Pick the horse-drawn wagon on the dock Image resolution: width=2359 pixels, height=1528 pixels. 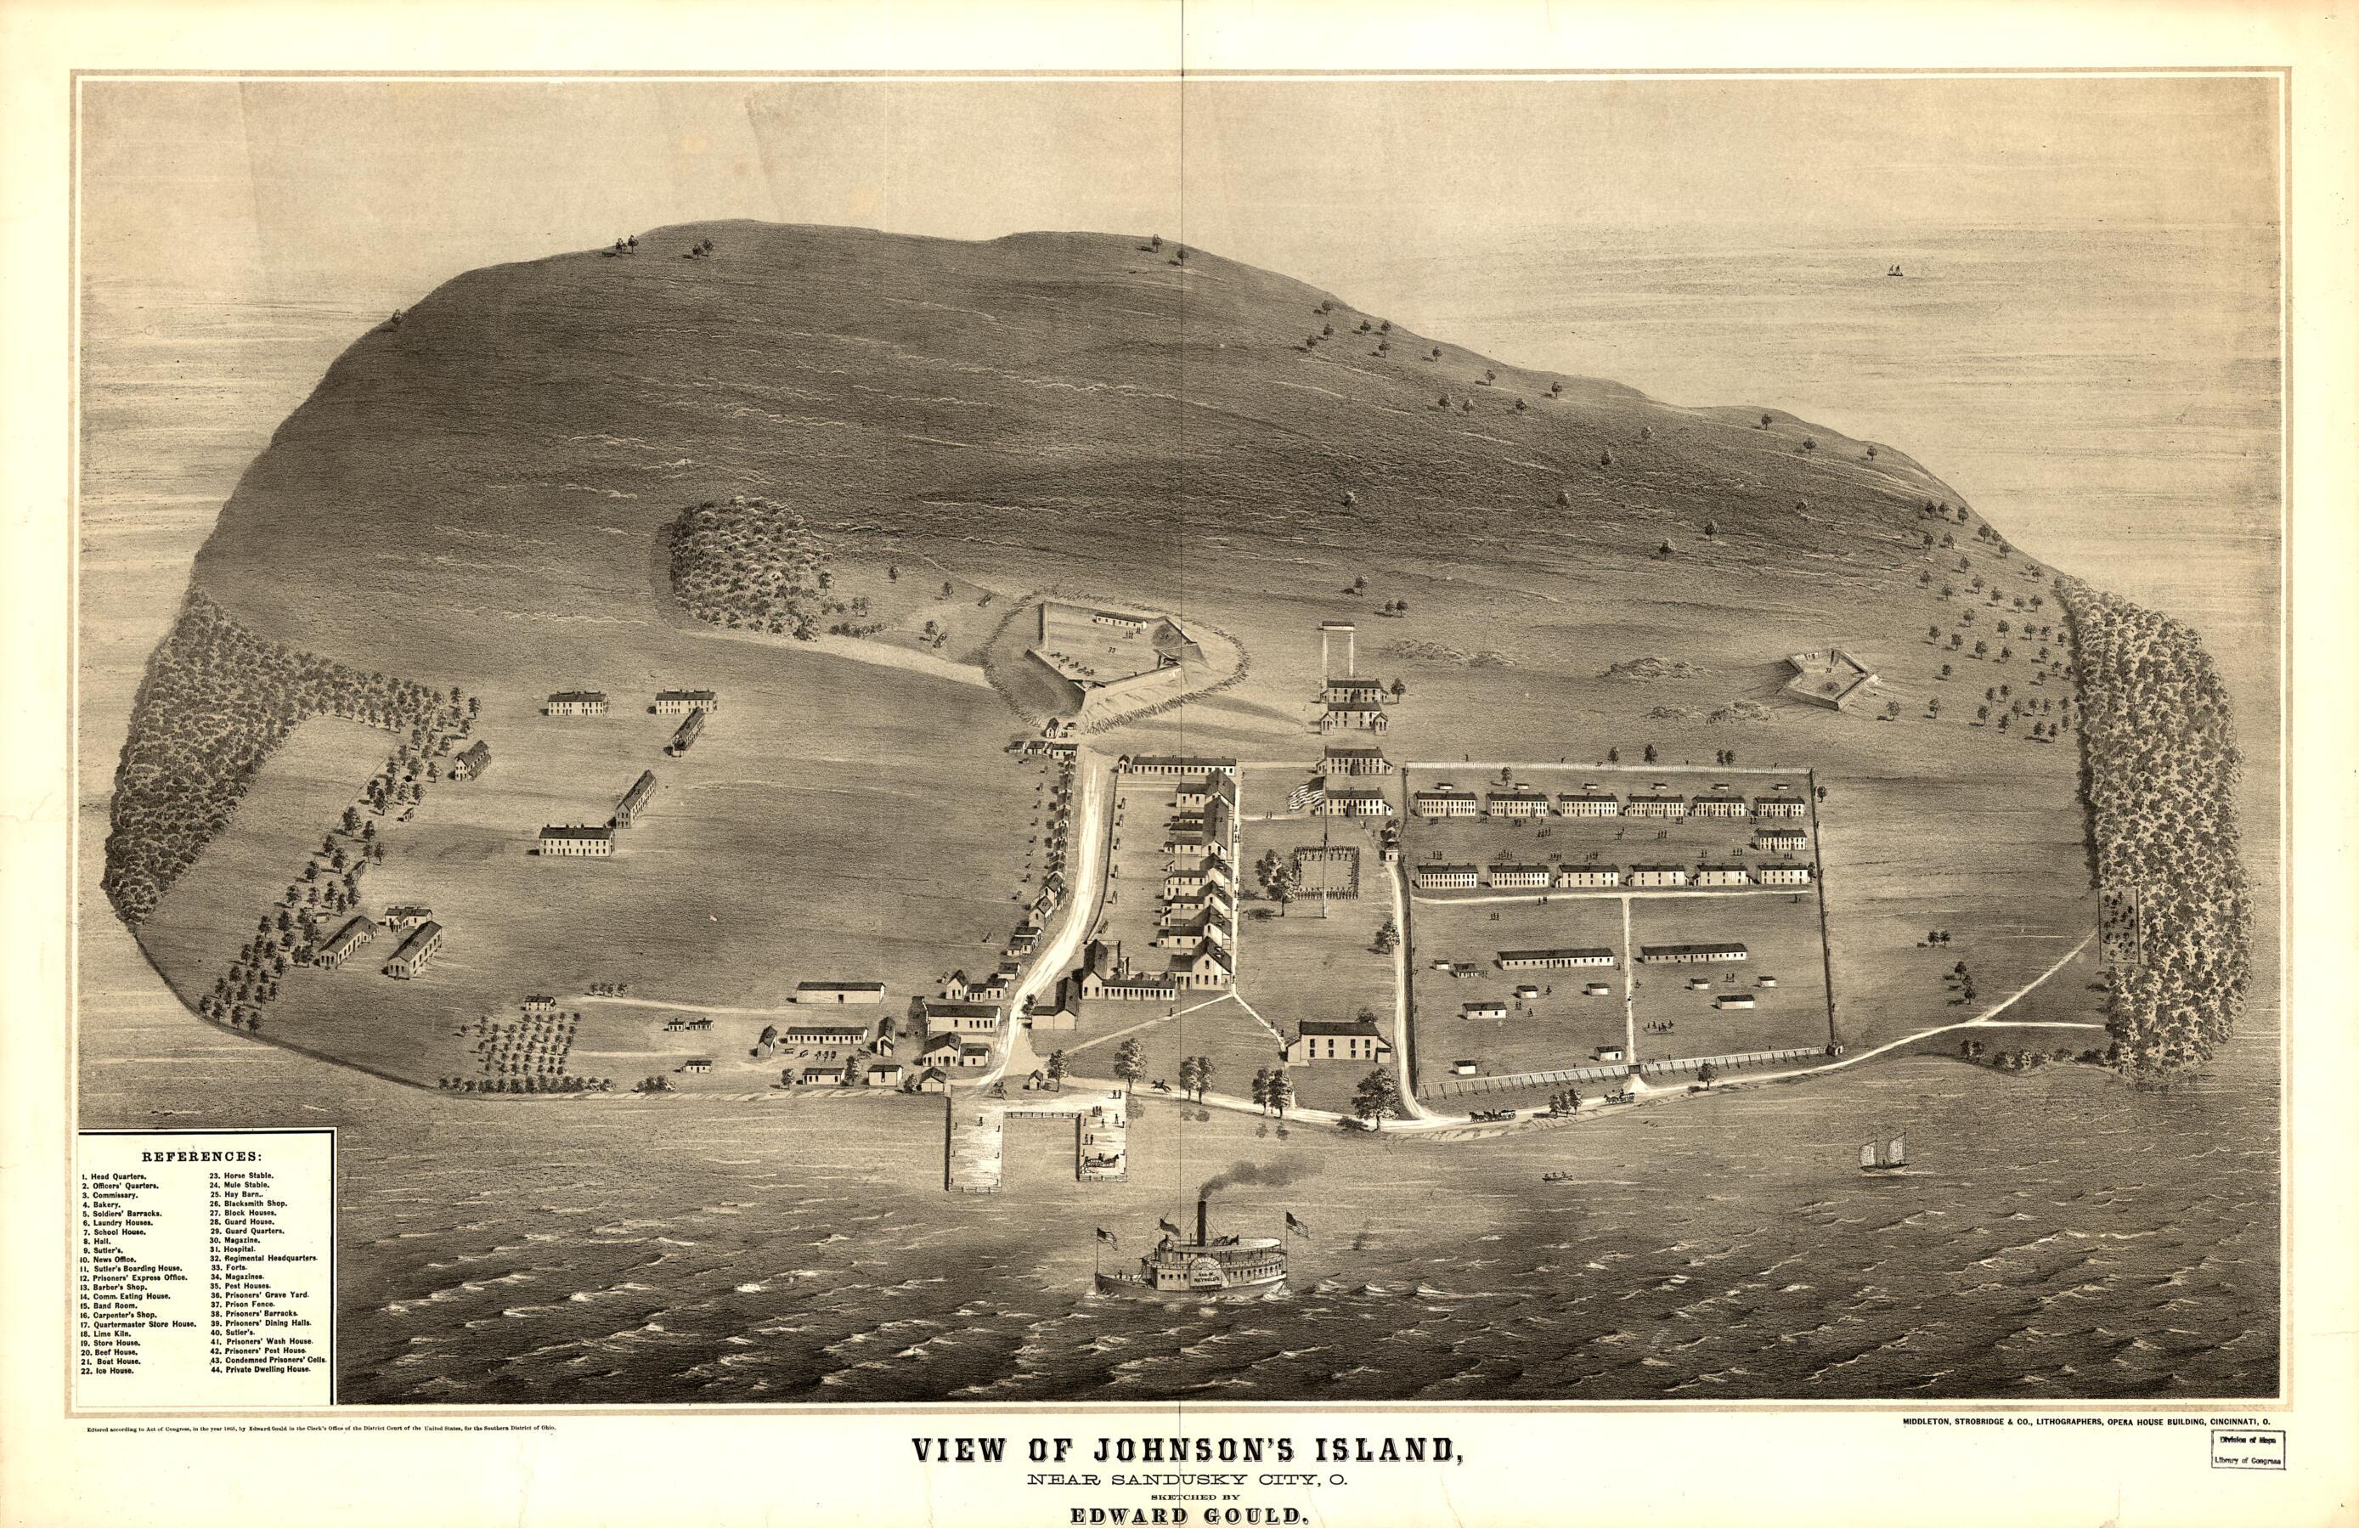[x=1100, y=1159]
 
